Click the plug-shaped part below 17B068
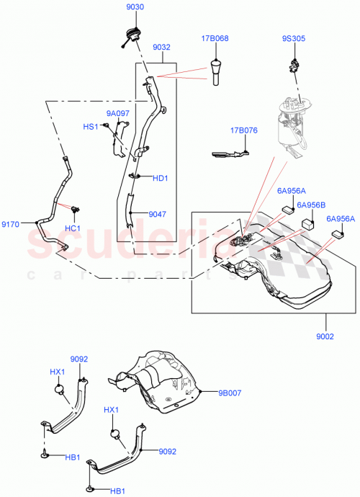coord(215,72)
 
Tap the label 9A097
coord(119,113)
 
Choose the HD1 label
coord(160,179)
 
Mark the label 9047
coord(158,214)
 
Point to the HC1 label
coord(74,228)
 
